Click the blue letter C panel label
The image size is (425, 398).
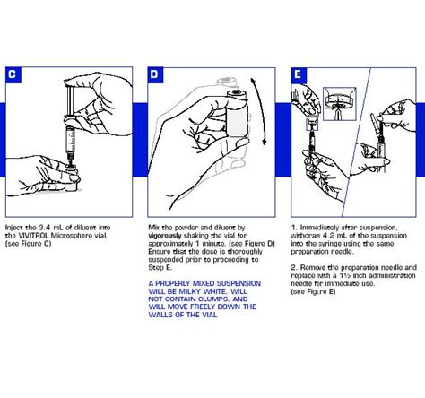pyautogui.click(x=13, y=74)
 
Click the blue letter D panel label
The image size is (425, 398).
pyautogui.click(x=155, y=74)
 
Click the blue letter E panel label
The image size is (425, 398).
pyautogui.click(x=299, y=75)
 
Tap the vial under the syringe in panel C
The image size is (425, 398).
pyautogui.click(x=71, y=180)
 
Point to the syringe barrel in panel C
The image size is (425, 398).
pyautogui.click(x=70, y=141)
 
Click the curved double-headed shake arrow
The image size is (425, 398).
pyautogui.click(x=259, y=111)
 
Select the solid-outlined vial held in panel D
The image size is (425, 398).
pyautogui.click(x=238, y=114)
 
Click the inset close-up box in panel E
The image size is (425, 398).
pyautogui.click(x=340, y=104)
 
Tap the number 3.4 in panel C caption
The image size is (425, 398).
pyautogui.click(x=46, y=228)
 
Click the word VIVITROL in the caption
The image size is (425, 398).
pyautogui.click(x=33, y=236)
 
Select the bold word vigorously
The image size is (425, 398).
pyautogui.click(x=165, y=236)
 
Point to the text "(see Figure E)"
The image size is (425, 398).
pyautogui.click(x=313, y=291)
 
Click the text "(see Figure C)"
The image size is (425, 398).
pyautogui.click(x=29, y=244)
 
